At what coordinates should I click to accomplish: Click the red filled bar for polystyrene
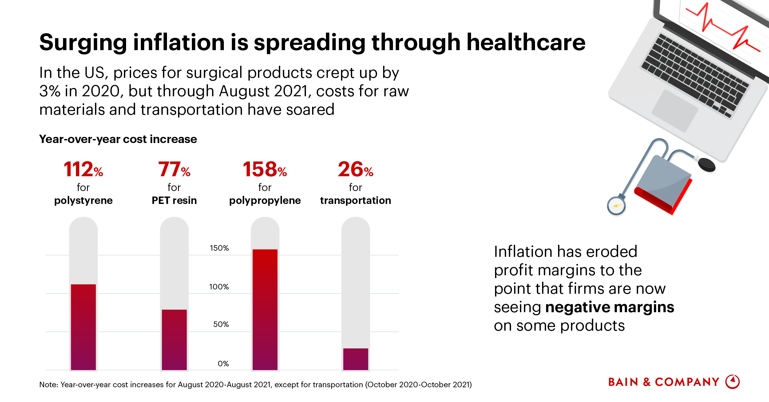tap(83, 327)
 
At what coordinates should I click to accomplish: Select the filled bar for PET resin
tap(174, 339)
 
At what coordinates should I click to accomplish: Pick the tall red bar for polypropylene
tap(265, 309)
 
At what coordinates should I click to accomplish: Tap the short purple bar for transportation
tap(356, 359)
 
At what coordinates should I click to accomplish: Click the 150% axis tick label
tap(219, 248)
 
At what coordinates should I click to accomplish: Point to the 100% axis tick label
tap(219, 287)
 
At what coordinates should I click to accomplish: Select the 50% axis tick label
tap(221, 324)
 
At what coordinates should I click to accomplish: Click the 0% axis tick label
tap(223, 364)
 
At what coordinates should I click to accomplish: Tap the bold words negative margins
tap(609, 307)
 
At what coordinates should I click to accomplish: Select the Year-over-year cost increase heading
tap(118, 139)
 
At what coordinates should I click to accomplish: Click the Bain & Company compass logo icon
tap(732, 382)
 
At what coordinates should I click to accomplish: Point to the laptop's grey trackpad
tap(674, 110)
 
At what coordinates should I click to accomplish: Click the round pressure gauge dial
tap(616, 206)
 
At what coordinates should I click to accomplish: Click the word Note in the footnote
tap(48, 385)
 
